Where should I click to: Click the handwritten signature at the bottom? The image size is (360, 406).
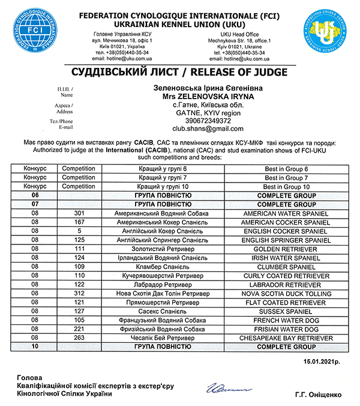tap(224, 389)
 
